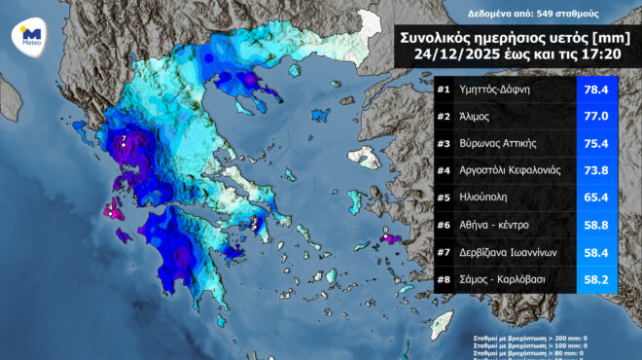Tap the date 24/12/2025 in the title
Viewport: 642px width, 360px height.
pos(460,56)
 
